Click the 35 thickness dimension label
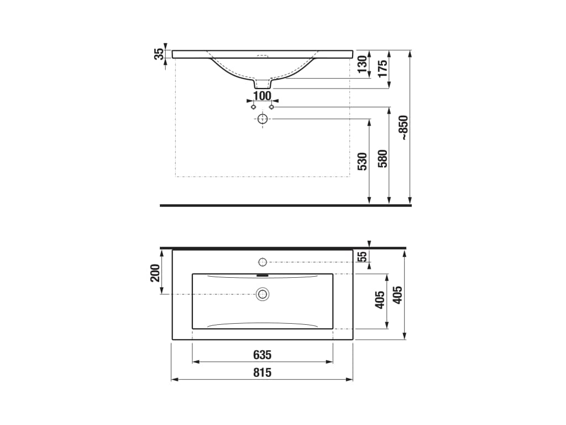(159, 54)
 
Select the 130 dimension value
(362, 64)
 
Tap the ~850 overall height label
(403, 128)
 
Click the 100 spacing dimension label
(262, 96)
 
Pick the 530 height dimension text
(362, 162)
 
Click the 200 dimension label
(155, 273)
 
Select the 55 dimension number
(362, 256)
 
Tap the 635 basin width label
(262, 355)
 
